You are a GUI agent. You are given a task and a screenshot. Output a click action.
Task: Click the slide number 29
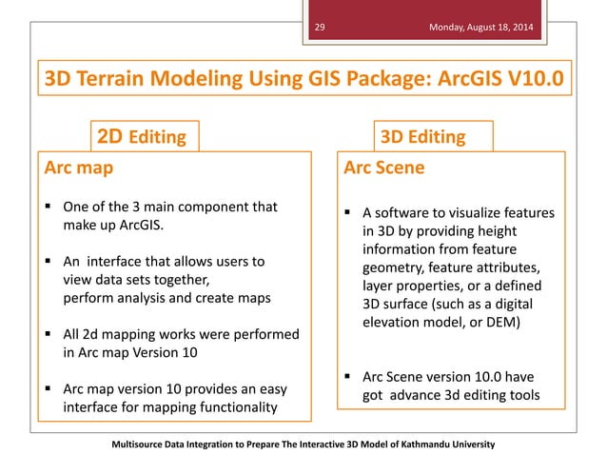320,29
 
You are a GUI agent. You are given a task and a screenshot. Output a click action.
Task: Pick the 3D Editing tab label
422,137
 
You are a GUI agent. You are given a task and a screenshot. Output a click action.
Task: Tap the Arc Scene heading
384,168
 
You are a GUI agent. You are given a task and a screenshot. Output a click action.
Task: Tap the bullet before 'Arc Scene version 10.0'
348,376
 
